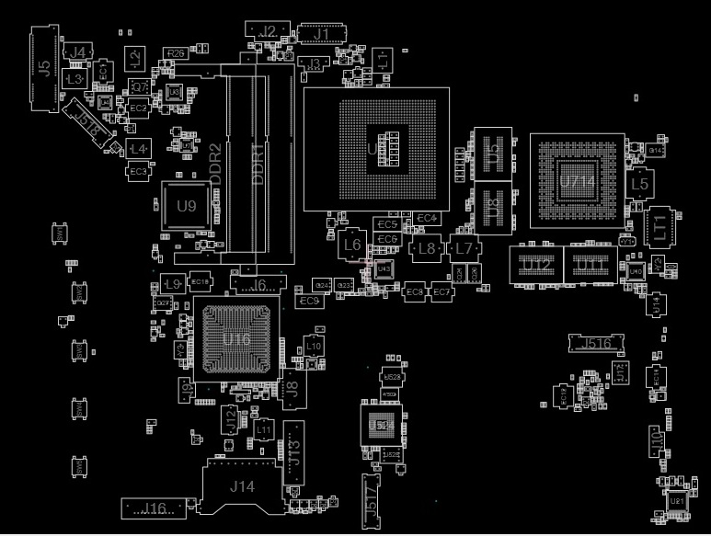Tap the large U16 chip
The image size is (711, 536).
pos(235,339)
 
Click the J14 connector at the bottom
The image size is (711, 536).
pos(241,486)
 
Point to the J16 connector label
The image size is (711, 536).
pos(152,508)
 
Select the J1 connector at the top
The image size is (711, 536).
pos(321,35)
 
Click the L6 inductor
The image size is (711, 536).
pos(350,245)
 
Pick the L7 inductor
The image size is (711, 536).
pos(464,248)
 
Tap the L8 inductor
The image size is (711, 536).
pos(426,248)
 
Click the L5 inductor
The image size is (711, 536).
pos(639,185)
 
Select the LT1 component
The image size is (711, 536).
pos(659,226)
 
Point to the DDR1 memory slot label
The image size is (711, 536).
pos(258,163)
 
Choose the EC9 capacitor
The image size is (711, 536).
pos(309,301)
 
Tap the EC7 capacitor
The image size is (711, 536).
pos(442,291)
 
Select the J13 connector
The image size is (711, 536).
pos(294,452)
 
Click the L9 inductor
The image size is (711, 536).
pos(172,283)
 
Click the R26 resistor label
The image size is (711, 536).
pos(177,53)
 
